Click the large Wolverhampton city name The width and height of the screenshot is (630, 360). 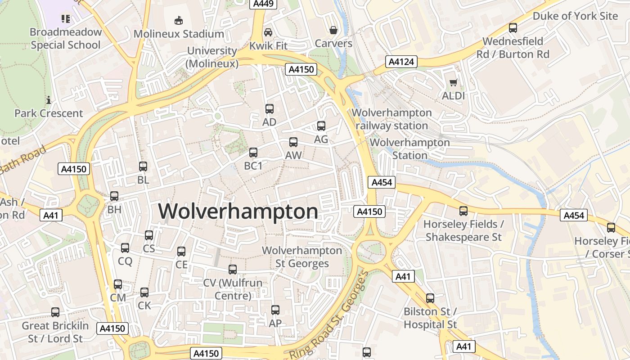tap(238, 211)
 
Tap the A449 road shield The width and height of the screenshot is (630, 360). tap(263, 4)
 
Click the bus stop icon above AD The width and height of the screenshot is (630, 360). tap(269, 108)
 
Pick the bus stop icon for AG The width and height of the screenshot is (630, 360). tap(321, 126)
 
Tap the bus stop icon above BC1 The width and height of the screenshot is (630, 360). tap(253, 153)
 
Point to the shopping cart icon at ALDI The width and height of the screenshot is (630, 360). tap(453, 83)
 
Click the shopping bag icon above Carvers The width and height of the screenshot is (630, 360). tap(333, 30)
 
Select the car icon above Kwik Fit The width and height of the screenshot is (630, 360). tap(268, 32)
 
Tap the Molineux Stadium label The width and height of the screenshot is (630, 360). tap(179, 34)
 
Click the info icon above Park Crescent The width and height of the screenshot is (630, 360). tap(48, 100)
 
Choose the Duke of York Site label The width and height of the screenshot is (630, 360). tap(575, 16)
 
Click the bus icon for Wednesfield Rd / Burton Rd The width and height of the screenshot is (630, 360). tap(513, 28)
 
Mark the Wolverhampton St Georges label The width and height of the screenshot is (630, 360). tap(302, 256)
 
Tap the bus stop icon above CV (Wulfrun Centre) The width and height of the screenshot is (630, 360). tap(233, 270)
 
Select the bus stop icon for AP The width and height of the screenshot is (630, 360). tap(275, 310)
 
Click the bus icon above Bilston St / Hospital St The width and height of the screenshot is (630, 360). tap(430, 298)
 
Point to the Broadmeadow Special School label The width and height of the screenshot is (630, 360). tap(66, 38)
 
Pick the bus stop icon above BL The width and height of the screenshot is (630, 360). tap(143, 166)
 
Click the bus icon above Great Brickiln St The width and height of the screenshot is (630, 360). tap(55, 312)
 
